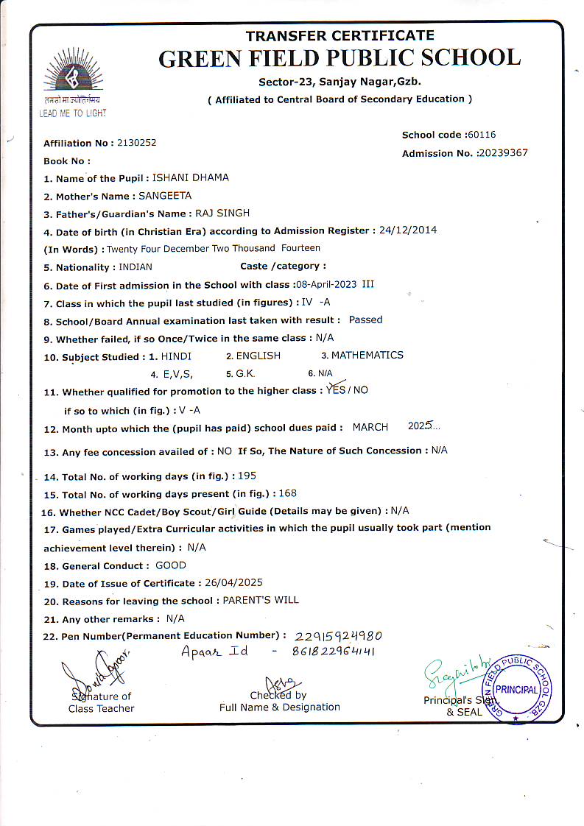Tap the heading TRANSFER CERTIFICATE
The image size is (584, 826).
pyautogui.click(x=340, y=35)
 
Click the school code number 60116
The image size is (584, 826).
pyautogui.click(x=482, y=135)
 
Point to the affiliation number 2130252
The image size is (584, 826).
pyautogui.click(x=137, y=143)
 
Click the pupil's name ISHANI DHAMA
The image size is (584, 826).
pyautogui.click(x=190, y=177)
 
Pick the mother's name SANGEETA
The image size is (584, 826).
pyautogui.click(x=165, y=195)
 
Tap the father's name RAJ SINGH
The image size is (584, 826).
pyautogui.click(x=222, y=213)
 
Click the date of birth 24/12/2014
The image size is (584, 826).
pyautogui.click(x=408, y=230)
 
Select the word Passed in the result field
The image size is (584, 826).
pyautogui.click(x=365, y=320)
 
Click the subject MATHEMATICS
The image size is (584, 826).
pyautogui.click(x=367, y=355)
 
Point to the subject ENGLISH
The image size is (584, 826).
pyautogui.click(x=258, y=356)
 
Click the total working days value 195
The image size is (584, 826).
pyautogui.click(x=247, y=476)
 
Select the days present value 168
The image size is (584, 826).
pyautogui.click(x=287, y=493)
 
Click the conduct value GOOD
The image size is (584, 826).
pyautogui.click(x=171, y=565)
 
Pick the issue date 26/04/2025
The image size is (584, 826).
pyautogui.click(x=233, y=583)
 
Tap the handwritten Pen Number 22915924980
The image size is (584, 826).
pyautogui.click(x=338, y=636)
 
